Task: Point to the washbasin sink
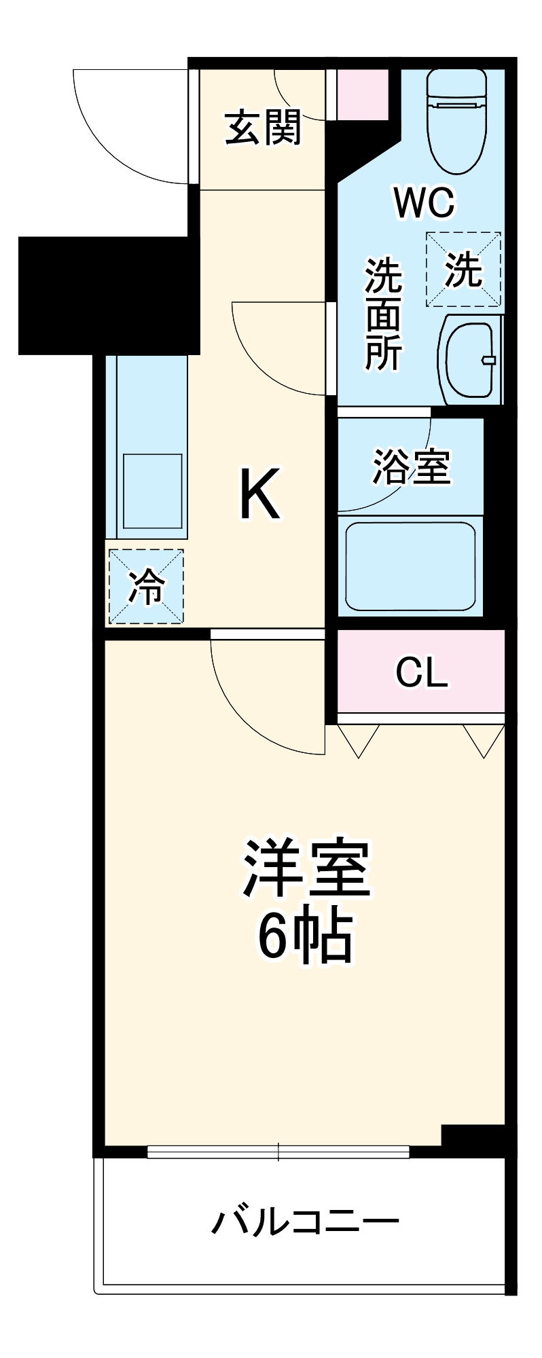(x=469, y=359)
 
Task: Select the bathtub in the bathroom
(x=410, y=566)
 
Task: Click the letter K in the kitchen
(x=259, y=495)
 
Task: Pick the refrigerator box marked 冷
(x=146, y=586)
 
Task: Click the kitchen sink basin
(x=153, y=490)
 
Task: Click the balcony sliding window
(x=278, y=1151)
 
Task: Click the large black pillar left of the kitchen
(x=109, y=295)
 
